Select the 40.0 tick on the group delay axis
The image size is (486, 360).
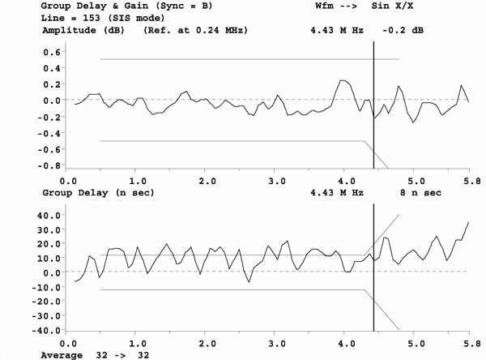(x=49, y=216)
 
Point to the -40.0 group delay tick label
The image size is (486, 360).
(x=47, y=330)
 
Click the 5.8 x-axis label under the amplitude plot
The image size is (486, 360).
(x=468, y=181)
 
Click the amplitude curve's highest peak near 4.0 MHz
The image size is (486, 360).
(x=343, y=81)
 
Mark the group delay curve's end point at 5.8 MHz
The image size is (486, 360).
(x=469, y=223)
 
